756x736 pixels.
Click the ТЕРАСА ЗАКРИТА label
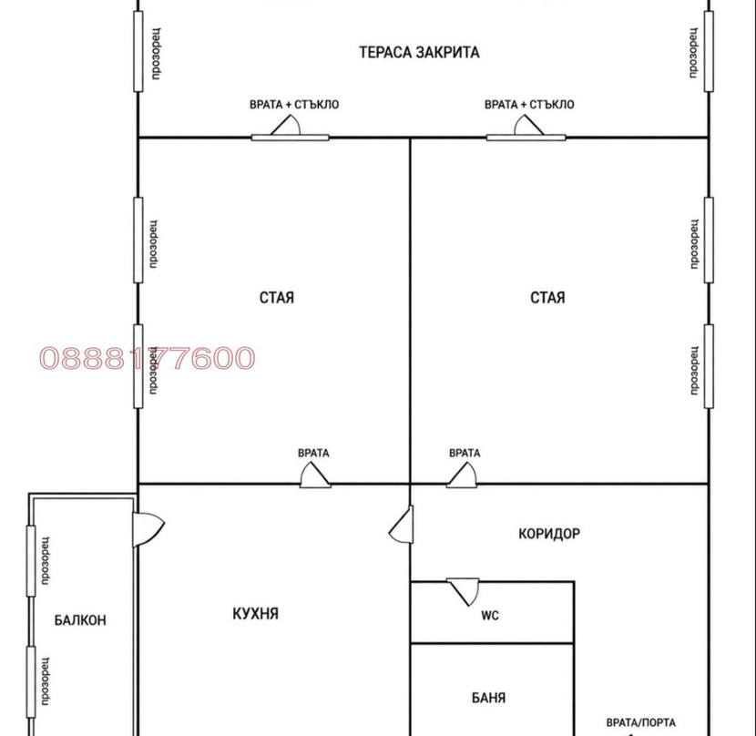pos(419,52)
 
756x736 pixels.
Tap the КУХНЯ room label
pos(256,614)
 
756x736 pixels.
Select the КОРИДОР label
pos(549,534)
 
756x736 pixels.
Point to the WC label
pos(490,616)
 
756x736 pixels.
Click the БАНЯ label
pos(488,698)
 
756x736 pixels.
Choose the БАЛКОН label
pos(80,619)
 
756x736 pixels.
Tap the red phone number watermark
pos(147,358)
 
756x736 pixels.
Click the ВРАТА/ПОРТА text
pos(640,722)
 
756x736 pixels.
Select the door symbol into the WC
pos(464,591)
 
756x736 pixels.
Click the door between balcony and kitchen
pos(148,529)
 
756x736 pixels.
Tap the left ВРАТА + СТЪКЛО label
pos(294,105)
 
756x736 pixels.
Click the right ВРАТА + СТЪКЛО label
pos(529,105)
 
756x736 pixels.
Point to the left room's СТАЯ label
pos(277,298)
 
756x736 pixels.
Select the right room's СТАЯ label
pos(547,298)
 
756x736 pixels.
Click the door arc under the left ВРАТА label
pos(315,475)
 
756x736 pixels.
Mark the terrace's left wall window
pos(138,51)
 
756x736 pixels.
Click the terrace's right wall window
pos(709,51)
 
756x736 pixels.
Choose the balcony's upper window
pos(31,560)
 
